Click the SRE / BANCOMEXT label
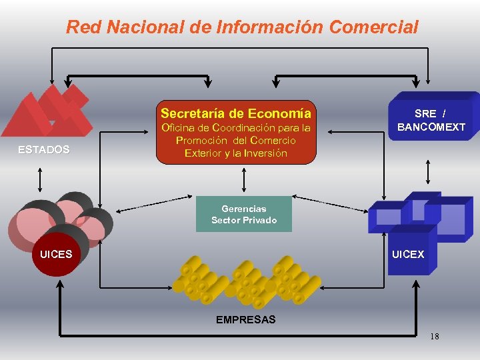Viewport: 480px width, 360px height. pos(431,121)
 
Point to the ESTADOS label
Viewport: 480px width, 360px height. pos(44,150)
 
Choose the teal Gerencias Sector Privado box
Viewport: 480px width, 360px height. pos(244,215)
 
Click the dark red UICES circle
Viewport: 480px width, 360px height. pos(57,254)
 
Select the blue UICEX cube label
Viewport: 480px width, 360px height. pos(408,254)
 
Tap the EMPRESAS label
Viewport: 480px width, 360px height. pos(245,319)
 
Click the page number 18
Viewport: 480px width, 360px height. pos(434,336)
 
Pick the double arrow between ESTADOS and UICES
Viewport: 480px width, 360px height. pos(41,179)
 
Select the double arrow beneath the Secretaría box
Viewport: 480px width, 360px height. pos(244,179)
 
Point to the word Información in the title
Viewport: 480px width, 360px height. pos(269,27)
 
